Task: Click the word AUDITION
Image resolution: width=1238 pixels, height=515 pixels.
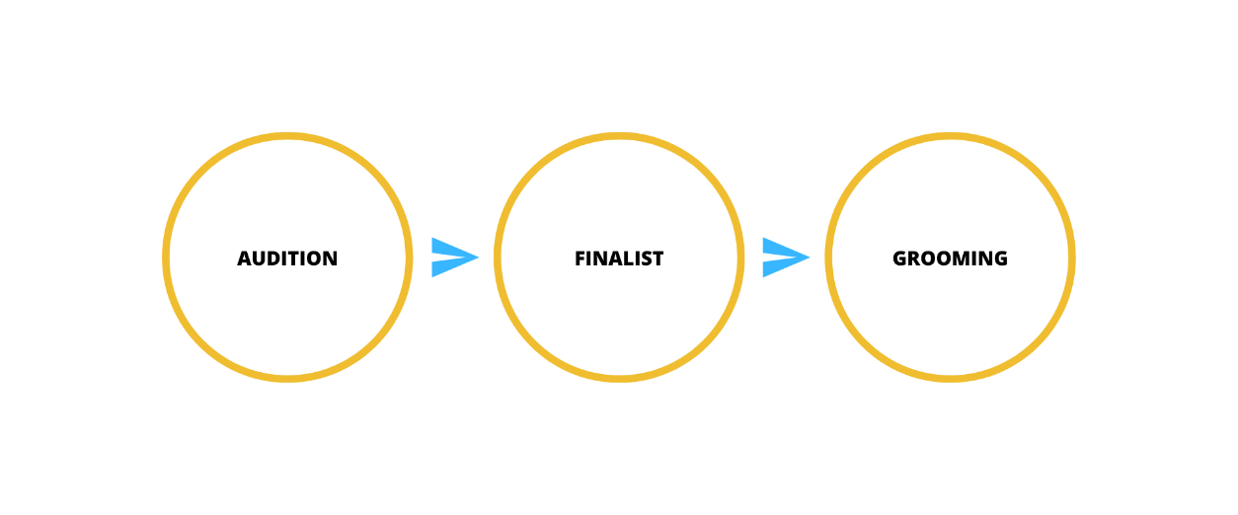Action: pyautogui.click(x=287, y=258)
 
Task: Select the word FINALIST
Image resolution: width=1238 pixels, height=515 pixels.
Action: pyautogui.click(x=619, y=258)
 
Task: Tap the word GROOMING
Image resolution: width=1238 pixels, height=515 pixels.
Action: pyautogui.click(x=950, y=258)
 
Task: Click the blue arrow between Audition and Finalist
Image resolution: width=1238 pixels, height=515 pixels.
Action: pyautogui.click(x=452, y=257)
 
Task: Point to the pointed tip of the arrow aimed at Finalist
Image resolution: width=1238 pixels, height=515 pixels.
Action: pyautogui.click(x=477, y=257)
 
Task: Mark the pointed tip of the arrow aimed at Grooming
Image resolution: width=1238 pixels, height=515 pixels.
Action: pyautogui.click(x=808, y=257)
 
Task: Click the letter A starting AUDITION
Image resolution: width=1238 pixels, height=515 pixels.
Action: pyautogui.click(x=245, y=258)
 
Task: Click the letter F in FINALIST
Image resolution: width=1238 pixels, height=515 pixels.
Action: pyautogui.click(x=580, y=258)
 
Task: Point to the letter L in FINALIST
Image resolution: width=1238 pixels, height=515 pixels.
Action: pyautogui.click(x=627, y=258)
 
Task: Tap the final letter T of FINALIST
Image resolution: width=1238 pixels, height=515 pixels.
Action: pyautogui.click(x=658, y=258)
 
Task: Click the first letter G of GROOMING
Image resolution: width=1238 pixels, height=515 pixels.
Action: pyautogui.click(x=899, y=258)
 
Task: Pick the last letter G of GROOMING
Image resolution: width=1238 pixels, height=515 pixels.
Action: pyautogui.click(x=1001, y=258)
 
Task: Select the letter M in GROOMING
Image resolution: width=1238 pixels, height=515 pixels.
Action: pyautogui.click(x=960, y=258)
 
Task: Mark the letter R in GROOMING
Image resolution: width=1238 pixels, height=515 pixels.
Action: pyautogui.click(x=914, y=258)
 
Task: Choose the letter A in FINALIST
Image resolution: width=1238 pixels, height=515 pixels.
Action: pyautogui.click(x=614, y=258)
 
